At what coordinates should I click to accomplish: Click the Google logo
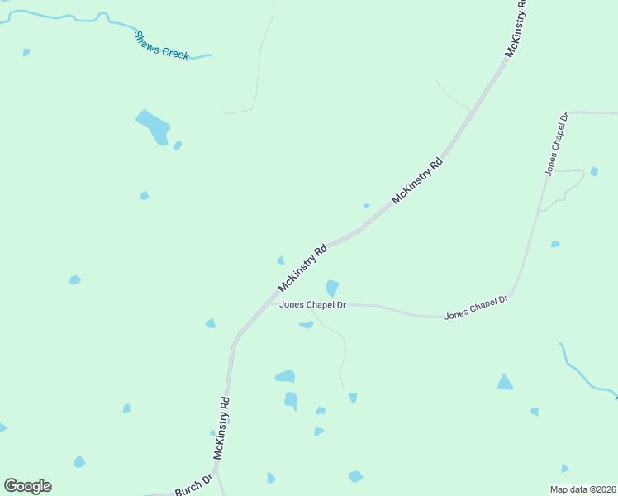(27, 486)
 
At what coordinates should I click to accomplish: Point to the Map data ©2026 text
(582, 489)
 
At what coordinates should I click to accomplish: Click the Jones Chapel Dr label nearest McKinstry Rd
(312, 304)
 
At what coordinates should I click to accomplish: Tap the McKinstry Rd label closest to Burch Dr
(221, 427)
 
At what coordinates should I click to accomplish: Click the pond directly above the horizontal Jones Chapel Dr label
(332, 288)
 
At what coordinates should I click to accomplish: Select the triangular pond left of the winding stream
(505, 382)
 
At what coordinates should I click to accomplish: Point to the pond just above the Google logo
(79, 461)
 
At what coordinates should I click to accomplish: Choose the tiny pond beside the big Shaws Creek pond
(178, 145)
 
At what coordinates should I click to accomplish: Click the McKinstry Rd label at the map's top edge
(516, 29)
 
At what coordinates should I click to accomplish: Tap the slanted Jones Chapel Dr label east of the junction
(475, 308)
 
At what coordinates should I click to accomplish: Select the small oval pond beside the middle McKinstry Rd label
(366, 206)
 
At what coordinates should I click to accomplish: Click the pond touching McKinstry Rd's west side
(281, 260)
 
